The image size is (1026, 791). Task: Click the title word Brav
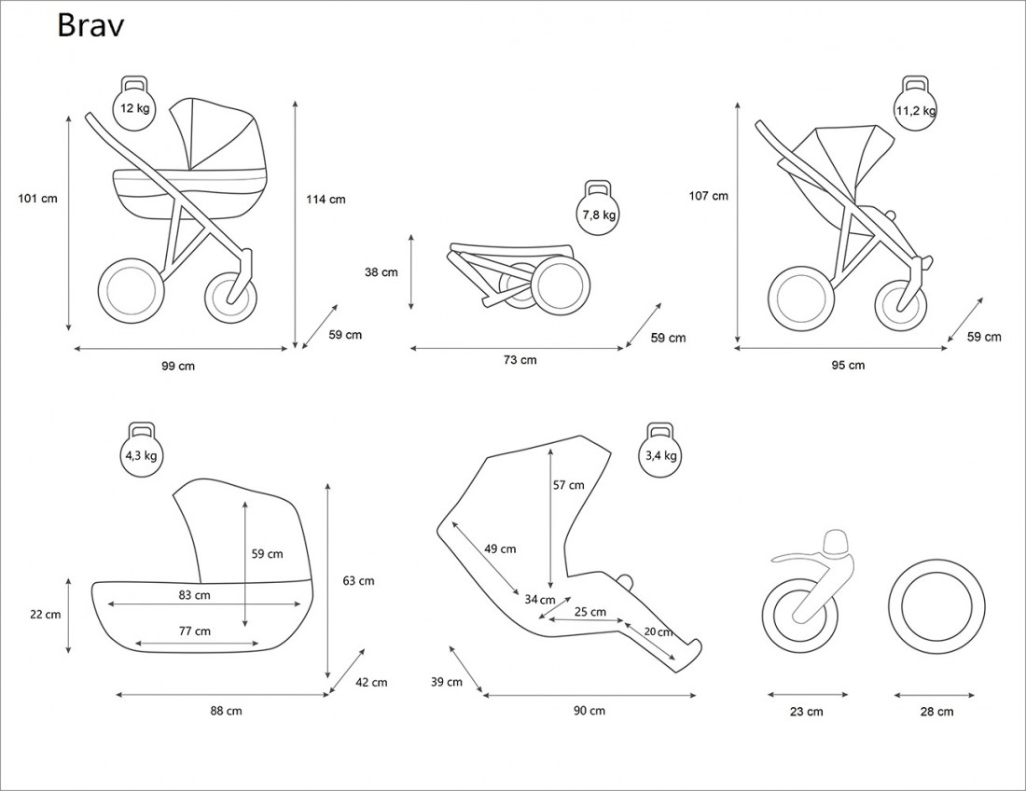coord(90,26)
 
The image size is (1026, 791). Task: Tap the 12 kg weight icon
coord(134,105)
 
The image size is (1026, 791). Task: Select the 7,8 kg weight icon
coord(598,212)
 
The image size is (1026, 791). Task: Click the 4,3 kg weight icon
coord(142,454)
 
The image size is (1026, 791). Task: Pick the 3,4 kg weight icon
coord(661,454)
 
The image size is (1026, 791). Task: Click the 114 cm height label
coord(326,199)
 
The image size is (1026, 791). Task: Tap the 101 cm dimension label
coord(37,198)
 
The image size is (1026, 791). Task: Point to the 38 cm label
coord(381,272)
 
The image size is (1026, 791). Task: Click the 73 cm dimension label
coord(520,360)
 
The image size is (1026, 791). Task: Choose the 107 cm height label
coord(708,196)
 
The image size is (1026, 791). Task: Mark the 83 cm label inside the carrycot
coord(194,594)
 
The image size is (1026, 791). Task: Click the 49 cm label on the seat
coord(500,548)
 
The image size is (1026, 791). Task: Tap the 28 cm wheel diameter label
coord(936,712)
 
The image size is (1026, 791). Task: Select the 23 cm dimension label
coord(807,712)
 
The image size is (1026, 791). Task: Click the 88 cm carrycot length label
coord(226,711)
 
